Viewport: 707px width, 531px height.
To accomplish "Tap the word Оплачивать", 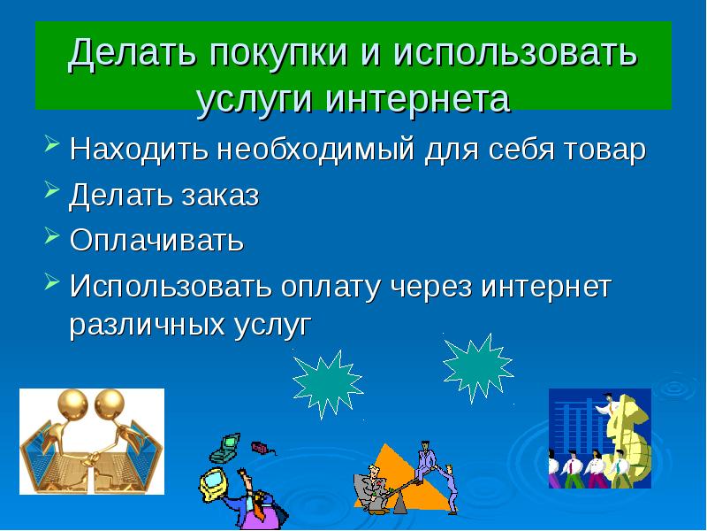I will pos(156,241).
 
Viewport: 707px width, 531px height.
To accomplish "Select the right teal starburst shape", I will pos(478,367).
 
